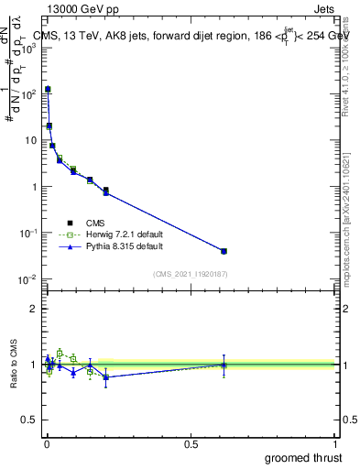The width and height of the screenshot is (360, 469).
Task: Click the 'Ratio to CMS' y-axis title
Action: pos(12,364)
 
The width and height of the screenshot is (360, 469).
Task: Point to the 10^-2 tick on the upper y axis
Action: pos(27,278)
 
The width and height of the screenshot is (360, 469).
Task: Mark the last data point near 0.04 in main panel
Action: pos(224,251)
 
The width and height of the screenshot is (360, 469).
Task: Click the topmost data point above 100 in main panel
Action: pos(48,89)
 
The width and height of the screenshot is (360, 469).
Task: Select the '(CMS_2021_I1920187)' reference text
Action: pos(190,274)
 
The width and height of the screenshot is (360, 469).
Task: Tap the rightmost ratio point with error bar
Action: pos(224,365)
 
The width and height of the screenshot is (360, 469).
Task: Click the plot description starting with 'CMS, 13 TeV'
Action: pos(183,37)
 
